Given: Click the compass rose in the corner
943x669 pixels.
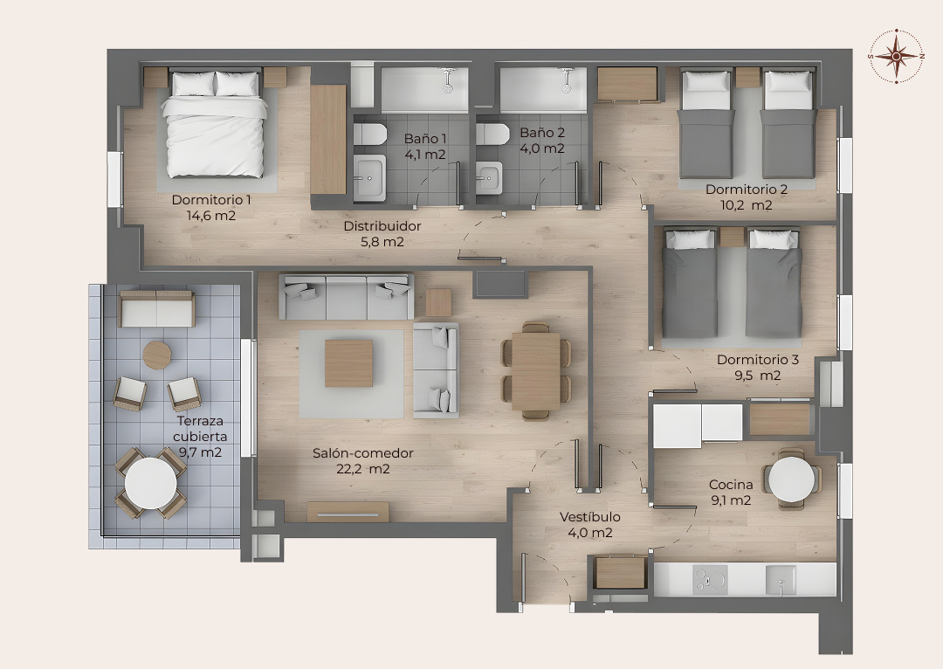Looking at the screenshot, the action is tap(896, 56).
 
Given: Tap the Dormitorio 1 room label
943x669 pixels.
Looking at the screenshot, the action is tap(211, 200).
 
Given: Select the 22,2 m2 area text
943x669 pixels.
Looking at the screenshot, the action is tap(362, 469).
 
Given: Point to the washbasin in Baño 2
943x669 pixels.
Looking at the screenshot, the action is tap(489, 178).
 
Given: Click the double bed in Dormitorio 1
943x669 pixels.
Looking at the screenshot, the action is tap(215, 125).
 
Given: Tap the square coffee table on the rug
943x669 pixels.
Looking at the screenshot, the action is tap(348, 362).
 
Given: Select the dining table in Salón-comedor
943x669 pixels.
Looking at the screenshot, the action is tap(536, 371).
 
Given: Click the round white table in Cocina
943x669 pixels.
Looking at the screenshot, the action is tap(792, 479).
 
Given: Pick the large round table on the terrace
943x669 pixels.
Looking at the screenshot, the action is tap(151, 483).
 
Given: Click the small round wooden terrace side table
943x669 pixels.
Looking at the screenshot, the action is tap(157, 355).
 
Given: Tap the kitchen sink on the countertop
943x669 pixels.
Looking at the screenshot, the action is tap(781, 580).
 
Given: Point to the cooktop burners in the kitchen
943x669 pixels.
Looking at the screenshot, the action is tap(710, 580).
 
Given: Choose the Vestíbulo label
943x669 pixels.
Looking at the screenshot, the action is tap(590, 517).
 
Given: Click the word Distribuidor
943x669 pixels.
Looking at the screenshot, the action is tap(382, 226).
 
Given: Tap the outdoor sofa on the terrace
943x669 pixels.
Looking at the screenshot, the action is tap(157, 308).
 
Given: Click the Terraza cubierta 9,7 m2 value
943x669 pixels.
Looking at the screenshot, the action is tap(200, 452).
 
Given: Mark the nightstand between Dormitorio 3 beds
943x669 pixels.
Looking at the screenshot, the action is tap(732, 237).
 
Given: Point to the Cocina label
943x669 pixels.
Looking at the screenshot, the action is tap(731, 485).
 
